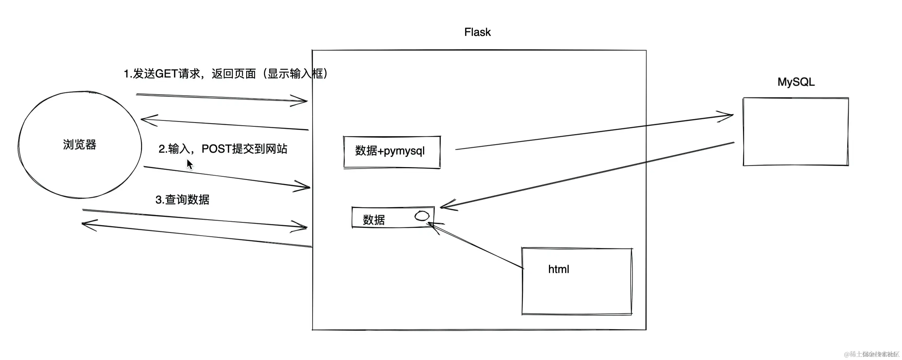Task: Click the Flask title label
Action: point(477,32)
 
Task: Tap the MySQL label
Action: point(796,82)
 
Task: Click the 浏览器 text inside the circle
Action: point(80,145)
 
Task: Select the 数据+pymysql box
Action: point(391,152)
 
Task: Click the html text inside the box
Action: point(558,269)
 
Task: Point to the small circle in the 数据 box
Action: point(422,216)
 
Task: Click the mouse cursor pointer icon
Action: point(189,164)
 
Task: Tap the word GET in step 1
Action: point(166,74)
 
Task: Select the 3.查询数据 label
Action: point(182,200)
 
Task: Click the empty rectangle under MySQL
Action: point(796,132)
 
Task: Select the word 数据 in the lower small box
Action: point(374,220)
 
